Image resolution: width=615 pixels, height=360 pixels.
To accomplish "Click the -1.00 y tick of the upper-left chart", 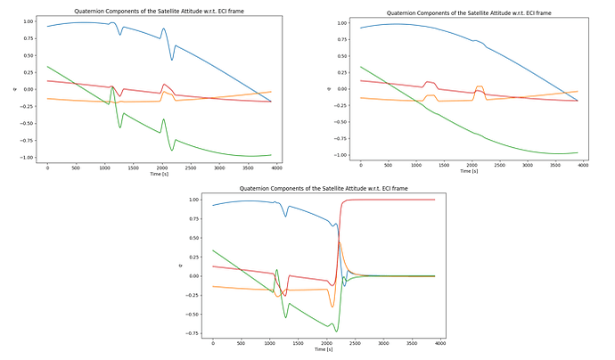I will click(27, 157).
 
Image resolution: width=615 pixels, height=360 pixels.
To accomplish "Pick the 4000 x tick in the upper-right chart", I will click(583, 167).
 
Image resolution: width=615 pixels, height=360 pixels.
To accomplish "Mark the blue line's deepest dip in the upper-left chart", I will click(173, 60).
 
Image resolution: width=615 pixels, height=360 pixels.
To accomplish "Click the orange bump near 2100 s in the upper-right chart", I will click(480, 87).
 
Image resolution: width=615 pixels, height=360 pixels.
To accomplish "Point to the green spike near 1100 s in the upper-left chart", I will click(112, 87).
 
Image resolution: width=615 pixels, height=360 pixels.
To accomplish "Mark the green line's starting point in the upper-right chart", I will click(361, 67).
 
